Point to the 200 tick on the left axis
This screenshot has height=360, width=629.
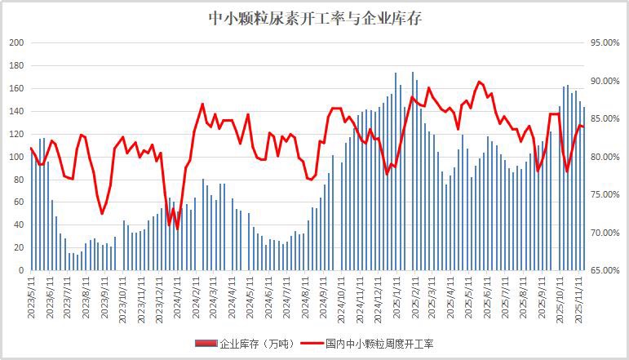(x=16, y=42)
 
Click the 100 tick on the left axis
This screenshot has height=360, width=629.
(x=16, y=157)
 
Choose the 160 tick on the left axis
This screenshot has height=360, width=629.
(x=16, y=88)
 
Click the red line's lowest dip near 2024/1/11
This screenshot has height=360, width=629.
(x=177, y=229)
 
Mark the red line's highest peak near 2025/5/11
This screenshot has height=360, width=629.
(x=480, y=82)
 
